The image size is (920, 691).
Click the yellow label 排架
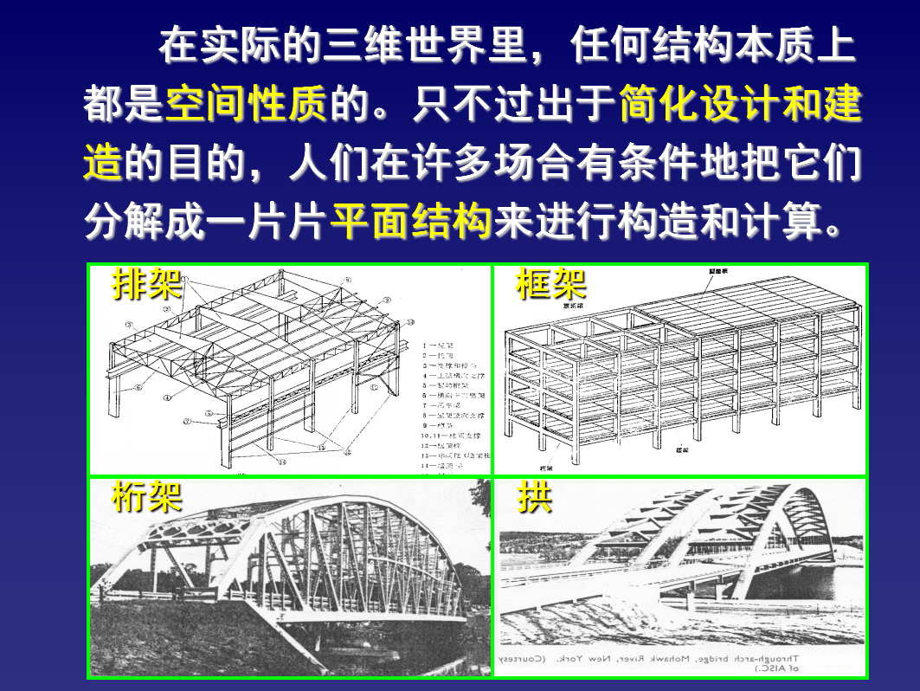(x=147, y=284)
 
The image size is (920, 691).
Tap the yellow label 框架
(x=551, y=284)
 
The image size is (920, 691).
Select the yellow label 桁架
(x=147, y=498)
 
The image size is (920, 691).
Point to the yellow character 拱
(x=535, y=498)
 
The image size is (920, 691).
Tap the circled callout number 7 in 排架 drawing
(x=186, y=422)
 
